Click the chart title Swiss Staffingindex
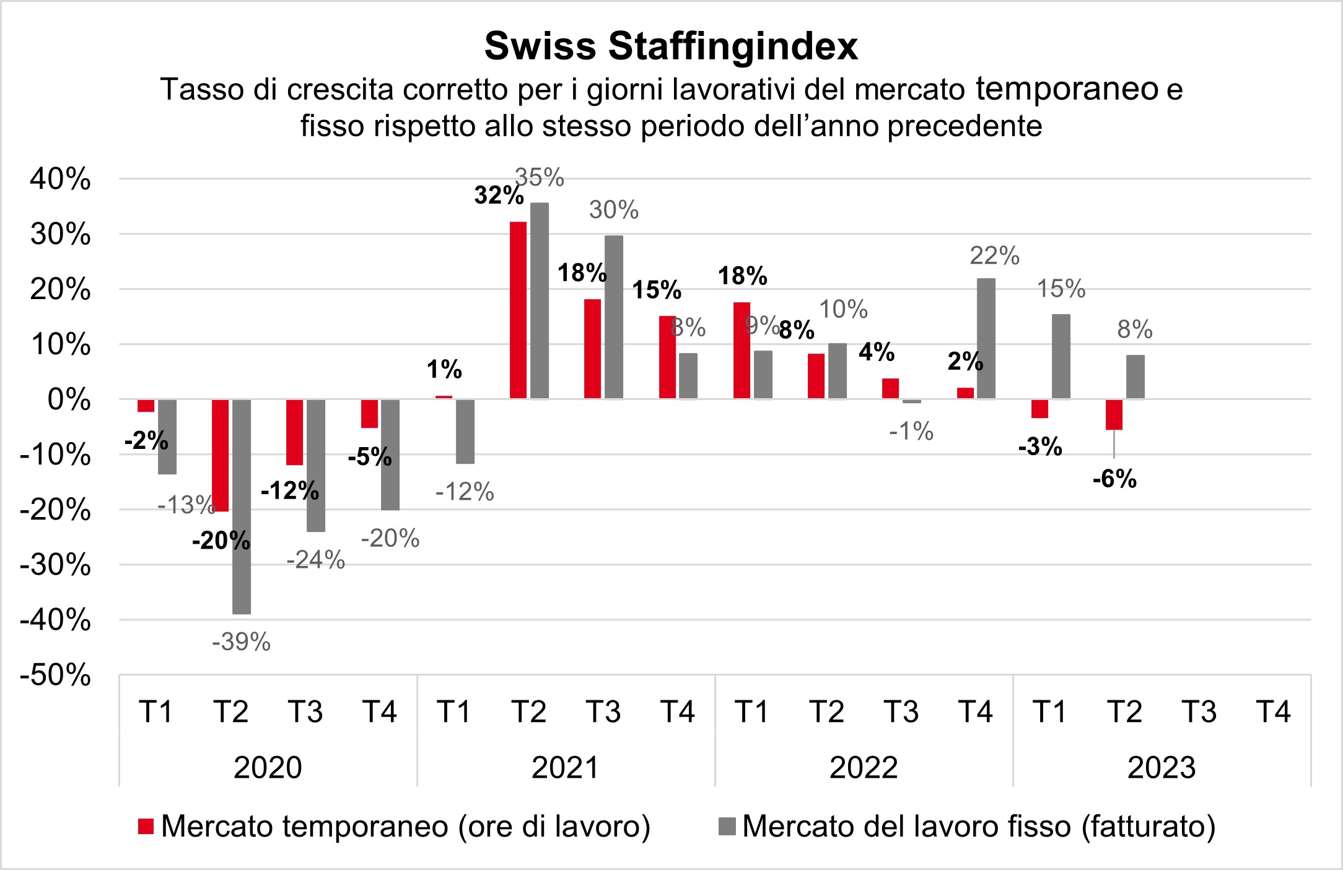tap(671, 46)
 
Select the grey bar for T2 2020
tap(242, 506)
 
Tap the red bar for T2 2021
tap(518, 310)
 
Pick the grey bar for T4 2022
tap(986, 338)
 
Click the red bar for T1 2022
tap(741, 350)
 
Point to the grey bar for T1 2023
tap(1061, 356)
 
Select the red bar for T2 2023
tap(1114, 414)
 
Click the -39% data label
tap(242, 642)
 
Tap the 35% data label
tap(540, 178)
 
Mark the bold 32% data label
tap(499, 195)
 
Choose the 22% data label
tap(994, 256)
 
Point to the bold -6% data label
tap(1114, 479)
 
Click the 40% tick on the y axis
tap(61, 180)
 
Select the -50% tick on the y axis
tap(56, 675)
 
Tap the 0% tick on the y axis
tap(69, 400)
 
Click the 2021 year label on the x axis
tap(566, 768)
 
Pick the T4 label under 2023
tap(1274, 712)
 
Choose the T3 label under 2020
tap(305, 712)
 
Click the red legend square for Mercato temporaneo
tap(146, 827)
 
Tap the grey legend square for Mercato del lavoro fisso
tap(728, 827)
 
